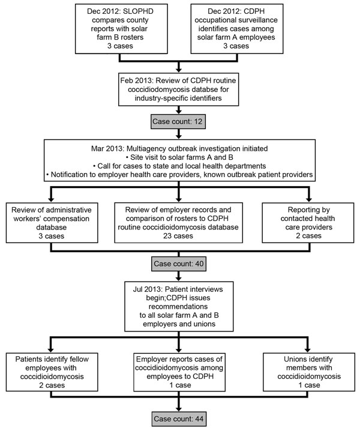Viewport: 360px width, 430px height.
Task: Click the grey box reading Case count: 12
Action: [x=178, y=121]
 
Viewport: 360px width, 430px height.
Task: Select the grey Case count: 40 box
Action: [x=179, y=264]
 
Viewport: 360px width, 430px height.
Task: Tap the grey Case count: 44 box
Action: [x=178, y=419]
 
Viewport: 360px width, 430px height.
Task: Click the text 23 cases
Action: [x=178, y=236]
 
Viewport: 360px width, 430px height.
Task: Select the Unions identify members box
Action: [x=309, y=372]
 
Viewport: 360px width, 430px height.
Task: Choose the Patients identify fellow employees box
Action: [x=52, y=372]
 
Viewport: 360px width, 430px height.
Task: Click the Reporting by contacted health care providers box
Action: [x=308, y=223]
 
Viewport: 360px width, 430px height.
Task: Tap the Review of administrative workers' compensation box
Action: [x=52, y=223]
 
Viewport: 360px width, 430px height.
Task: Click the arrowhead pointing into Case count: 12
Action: [x=179, y=112]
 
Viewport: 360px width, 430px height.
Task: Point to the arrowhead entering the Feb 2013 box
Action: [x=179, y=70]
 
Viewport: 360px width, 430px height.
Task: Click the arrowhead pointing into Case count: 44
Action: [x=179, y=408]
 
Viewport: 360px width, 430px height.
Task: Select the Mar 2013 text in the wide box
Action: [x=107, y=148]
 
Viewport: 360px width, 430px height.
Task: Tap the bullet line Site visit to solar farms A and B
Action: [x=179, y=157]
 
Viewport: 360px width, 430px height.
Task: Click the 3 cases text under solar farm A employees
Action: [x=236, y=46]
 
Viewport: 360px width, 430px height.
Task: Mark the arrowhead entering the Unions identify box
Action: [x=308, y=350]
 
